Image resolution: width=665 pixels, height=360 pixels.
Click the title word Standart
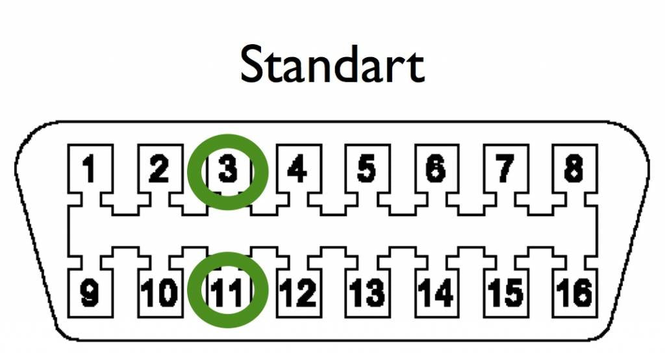[332, 64]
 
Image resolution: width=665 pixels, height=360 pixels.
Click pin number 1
[88, 168]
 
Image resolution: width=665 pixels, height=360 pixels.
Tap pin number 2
[158, 168]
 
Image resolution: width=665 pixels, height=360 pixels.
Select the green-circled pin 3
[228, 168]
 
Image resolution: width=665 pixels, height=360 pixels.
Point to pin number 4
[297, 168]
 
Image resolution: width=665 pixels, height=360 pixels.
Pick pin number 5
[366, 168]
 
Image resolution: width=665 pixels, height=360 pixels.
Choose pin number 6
[436, 168]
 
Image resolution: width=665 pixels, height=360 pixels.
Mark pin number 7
[505, 168]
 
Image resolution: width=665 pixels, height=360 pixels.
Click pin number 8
[574, 168]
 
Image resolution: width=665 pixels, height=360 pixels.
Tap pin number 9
[89, 292]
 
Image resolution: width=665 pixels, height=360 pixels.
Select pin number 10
[158, 292]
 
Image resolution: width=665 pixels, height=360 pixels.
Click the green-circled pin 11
[228, 292]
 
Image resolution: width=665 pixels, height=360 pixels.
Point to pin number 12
[297, 292]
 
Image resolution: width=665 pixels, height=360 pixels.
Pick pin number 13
[366, 292]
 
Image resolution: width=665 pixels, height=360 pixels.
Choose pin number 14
[436, 292]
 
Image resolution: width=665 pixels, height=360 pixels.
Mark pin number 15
[505, 292]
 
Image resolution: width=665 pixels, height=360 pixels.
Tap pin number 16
[574, 292]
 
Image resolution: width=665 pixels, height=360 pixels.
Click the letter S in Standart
[254, 64]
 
